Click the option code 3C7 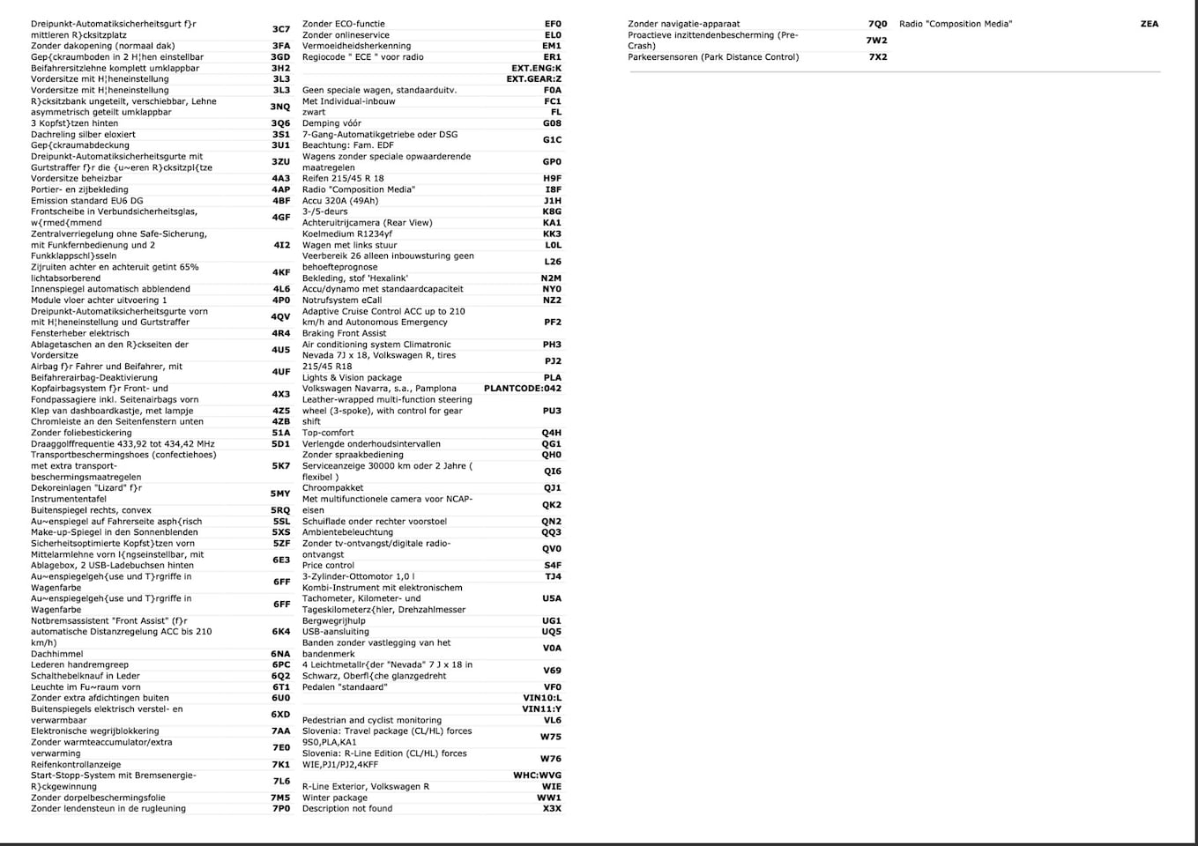tap(280, 29)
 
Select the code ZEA tap(1149, 24)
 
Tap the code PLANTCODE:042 tap(522, 389)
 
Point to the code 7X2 tap(877, 57)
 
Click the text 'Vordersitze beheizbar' tap(77, 179)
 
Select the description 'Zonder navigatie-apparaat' tap(683, 24)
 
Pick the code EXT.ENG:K tap(536, 68)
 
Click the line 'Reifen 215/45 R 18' tap(343, 179)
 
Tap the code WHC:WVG tap(537, 775)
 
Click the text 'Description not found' tap(347, 809)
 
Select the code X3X tap(552, 809)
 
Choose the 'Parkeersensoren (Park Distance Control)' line tap(713, 57)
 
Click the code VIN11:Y tap(541, 709)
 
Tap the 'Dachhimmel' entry tap(57, 654)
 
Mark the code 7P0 tap(280, 809)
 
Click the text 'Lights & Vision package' tap(352, 378)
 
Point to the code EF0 tap(553, 24)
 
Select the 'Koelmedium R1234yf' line tap(346, 234)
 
